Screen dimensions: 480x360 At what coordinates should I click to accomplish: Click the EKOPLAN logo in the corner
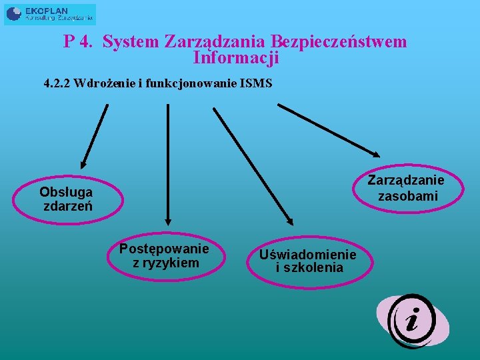tap(50, 14)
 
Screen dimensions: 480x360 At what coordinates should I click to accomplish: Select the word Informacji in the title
tap(235, 58)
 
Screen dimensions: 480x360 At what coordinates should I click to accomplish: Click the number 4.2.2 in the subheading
tap(57, 84)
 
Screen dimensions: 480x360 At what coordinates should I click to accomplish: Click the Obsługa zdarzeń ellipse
tap(66, 199)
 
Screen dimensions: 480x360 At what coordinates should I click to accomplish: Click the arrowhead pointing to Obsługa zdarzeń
tap(82, 164)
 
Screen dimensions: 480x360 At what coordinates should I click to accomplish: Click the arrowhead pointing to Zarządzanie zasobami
tap(373, 151)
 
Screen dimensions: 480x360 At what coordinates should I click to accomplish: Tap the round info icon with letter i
tap(412, 321)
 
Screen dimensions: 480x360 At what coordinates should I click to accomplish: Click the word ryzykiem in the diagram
tap(175, 263)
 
